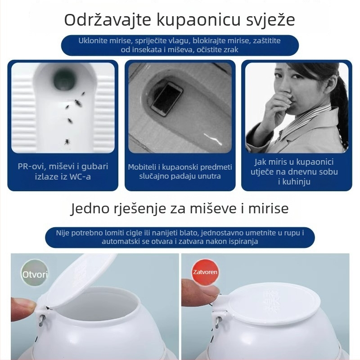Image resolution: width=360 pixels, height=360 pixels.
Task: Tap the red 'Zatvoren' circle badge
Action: tap(205, 272)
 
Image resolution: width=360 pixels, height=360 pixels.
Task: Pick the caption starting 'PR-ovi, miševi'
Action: tap(63, 171)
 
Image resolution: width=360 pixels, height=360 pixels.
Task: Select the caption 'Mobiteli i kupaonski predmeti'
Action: tap(180, 171)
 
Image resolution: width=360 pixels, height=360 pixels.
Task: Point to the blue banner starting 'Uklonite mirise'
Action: tap(180, 45)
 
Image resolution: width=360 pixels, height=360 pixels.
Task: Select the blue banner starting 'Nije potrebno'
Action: tap(180, 237)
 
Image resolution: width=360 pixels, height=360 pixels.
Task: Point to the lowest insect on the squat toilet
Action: tap(67, 141)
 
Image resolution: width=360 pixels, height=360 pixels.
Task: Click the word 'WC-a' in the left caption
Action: tap(82, 176)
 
